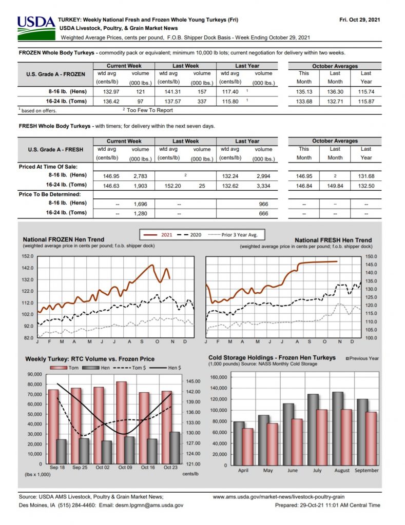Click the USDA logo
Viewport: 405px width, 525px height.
tap(36, 28)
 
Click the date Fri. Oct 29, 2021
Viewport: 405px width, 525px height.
tap(359, 20)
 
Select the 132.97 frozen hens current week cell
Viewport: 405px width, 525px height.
tap(111, 92)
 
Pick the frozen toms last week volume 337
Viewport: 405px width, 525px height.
tap(202, 102)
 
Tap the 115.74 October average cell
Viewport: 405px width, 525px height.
tap(366, 92)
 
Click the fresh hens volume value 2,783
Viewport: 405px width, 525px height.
tap(140, 176)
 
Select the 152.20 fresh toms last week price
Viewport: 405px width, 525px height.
tap(172, 186)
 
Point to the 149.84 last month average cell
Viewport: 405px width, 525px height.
tap(335, 186)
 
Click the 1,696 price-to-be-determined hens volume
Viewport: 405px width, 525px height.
tap(140, 204)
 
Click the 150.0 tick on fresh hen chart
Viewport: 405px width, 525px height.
tap(371, 256)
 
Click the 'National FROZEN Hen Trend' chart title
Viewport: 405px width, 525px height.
tap(63, 239)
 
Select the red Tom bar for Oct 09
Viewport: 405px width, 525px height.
tap(121, 422)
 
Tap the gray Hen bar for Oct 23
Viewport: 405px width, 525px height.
tap(175, 448)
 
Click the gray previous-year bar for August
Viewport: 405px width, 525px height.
tap(338, 429)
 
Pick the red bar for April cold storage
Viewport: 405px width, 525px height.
tap(247, 447)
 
